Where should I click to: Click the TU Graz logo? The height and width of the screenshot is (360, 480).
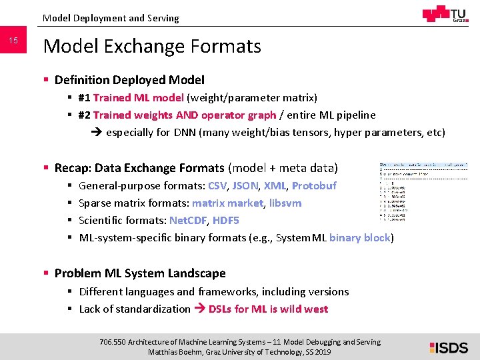tap(445, 14)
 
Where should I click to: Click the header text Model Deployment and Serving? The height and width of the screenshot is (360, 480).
tap(111, 18)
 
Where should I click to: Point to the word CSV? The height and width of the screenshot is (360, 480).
tap(217, 185)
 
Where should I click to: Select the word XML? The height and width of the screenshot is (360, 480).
tap(275, 185)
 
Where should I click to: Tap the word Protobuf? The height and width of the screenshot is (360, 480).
tap(314, 185)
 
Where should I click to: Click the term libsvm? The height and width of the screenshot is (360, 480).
tap(285, 203)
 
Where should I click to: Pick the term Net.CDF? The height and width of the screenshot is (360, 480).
tap(188, 220)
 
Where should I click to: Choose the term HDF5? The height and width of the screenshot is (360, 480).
tap(225, 220)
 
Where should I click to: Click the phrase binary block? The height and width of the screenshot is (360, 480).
tap(360, 237)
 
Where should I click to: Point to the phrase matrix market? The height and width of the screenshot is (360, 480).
tap(227, 203)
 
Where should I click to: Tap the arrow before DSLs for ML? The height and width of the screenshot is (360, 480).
tap(199, 309)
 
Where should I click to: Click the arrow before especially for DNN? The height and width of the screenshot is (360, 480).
tap(96, 132)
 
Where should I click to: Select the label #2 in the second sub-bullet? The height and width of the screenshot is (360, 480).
tap(85, 115)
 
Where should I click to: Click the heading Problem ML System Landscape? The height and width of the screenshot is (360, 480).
tap(140, 273)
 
